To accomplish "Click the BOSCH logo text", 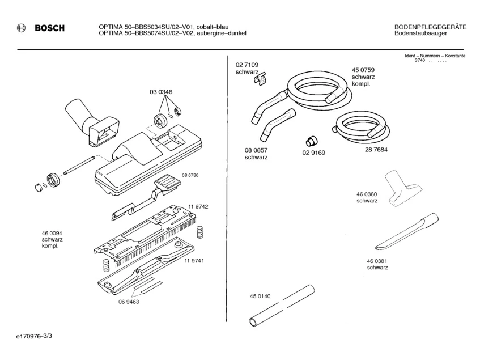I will pos(50,28).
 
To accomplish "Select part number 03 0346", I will pos(161,92).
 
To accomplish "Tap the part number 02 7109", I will pos(247,65).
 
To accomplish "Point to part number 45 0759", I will pos(363,70).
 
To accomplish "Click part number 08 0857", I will pos(256,150).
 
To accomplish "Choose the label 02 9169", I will pos(313,153).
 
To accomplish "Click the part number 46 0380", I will pos(367,194).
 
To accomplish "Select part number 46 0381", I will pos(377,261).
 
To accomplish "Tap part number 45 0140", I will pos(260,296).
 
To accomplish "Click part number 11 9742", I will pos(199,207).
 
